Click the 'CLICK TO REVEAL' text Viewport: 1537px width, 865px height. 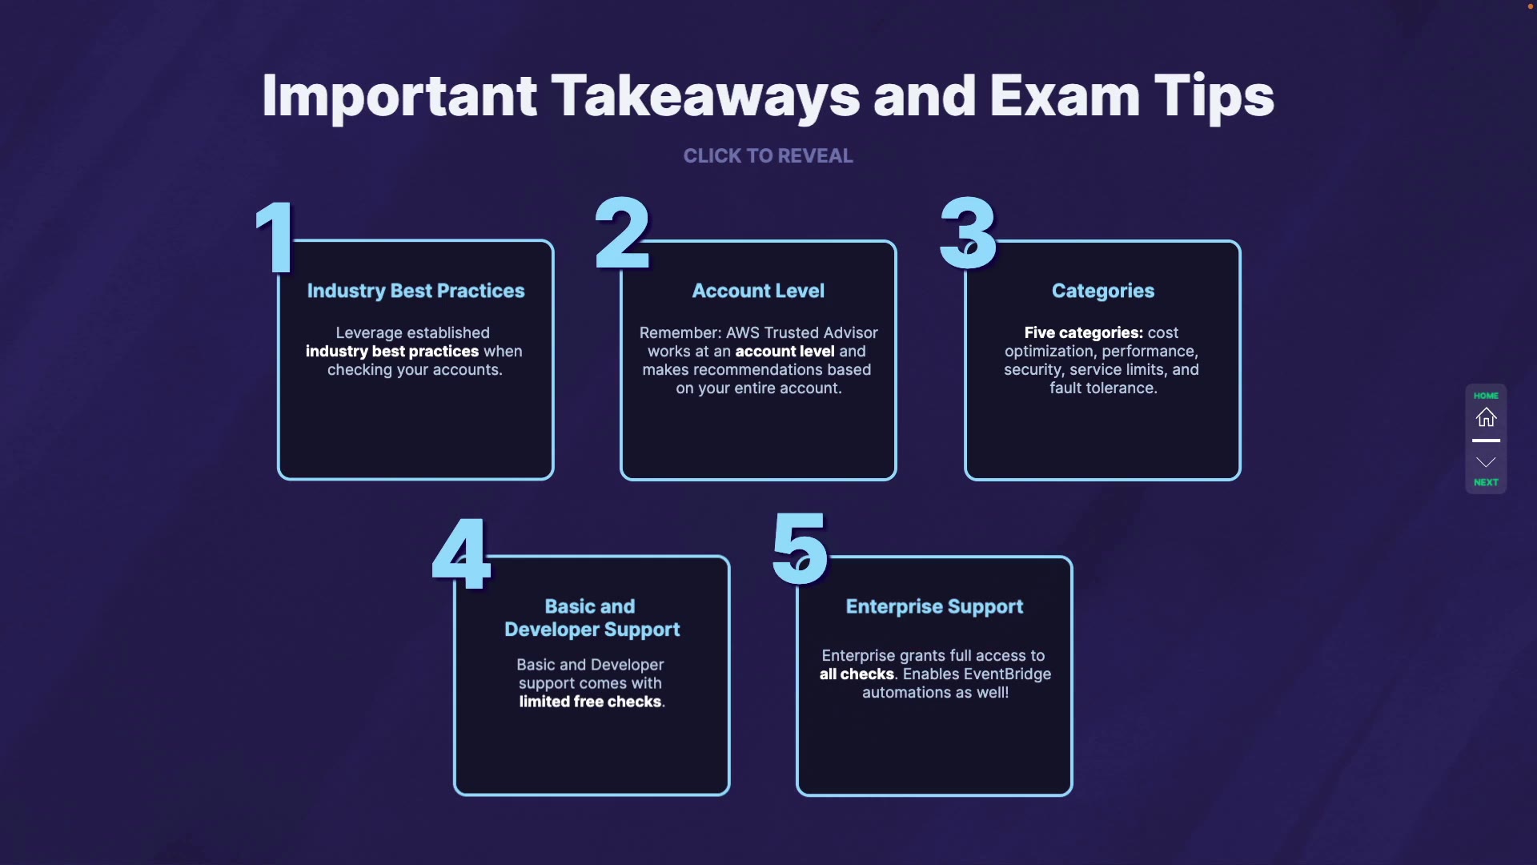pyautogui.click(x=768, y=156)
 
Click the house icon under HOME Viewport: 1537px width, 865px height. pyautogui.click(x=1486, y=417)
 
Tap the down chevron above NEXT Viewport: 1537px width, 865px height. pyautogui.click(x=1486, y=462)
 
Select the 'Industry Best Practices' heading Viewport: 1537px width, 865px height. pyautogui.click(x=415, y=291)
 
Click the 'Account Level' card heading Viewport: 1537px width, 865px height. pyautogui.click(x=758, y=291)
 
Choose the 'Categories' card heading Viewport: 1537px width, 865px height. pyautogui.click(x=1102, y=291)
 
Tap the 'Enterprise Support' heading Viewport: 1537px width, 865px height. pyautogui.click(x=934, y=606)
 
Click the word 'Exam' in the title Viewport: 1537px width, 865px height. pyautogui.click(x=1064, y=96)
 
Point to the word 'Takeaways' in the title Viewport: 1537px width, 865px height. pyautogui.click(x=704, y=96)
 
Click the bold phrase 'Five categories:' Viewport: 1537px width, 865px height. pyautogui.click(x=1083, y=332)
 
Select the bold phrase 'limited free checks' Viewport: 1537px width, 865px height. pyautogui.click(x=590, y=702)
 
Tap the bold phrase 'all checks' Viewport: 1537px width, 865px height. pyautogui.click(x=856, y=674)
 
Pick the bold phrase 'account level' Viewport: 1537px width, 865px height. pyautogui.click(x=785, y=352)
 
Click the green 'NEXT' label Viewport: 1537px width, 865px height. pyautogui.click(x=1486, y=482)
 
